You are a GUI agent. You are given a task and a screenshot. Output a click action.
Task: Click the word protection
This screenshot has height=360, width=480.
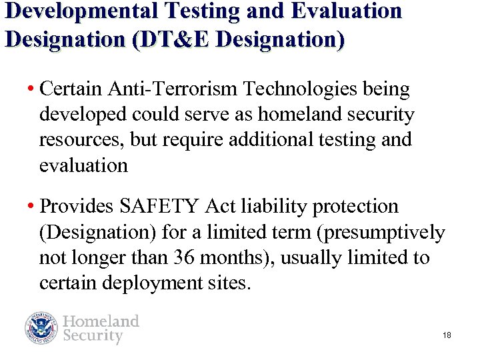click(x=360, y=207)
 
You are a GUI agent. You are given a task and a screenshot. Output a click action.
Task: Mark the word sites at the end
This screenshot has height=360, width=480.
click(x=231, y=284)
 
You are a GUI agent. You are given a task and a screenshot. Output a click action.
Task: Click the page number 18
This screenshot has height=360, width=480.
click(x=447, y=335)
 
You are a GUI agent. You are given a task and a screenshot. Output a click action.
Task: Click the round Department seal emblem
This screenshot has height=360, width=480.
click(x=42, y=328)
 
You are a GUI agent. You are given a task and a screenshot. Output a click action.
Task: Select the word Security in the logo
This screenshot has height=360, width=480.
click(x=93, y=336)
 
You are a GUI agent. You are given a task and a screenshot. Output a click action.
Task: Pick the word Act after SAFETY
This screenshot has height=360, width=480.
click(x=220, y=207)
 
